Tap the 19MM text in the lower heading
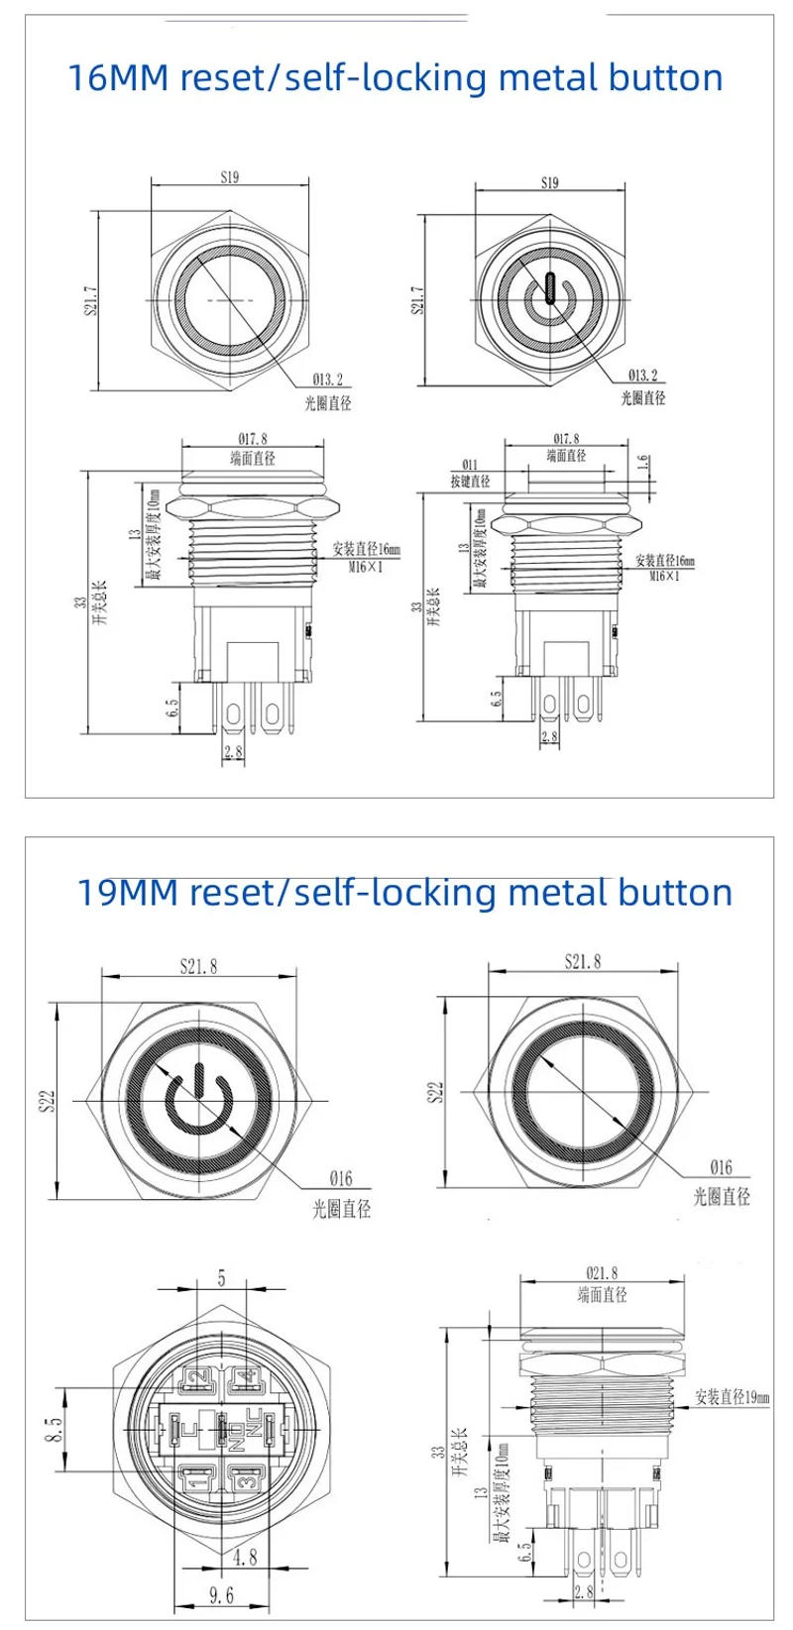pyautogui.click(x=126, y=892)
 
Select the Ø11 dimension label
pyautogui.click(x=470, y=464)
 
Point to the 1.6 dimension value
pyautogui.click(x=641, y=464)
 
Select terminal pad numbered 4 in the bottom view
pyautogui.click(x=245, y=1376)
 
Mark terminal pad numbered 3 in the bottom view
pyautogui.click(x=244, y=1480)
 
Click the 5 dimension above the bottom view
pyautogui.click(x=221, y=1279)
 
